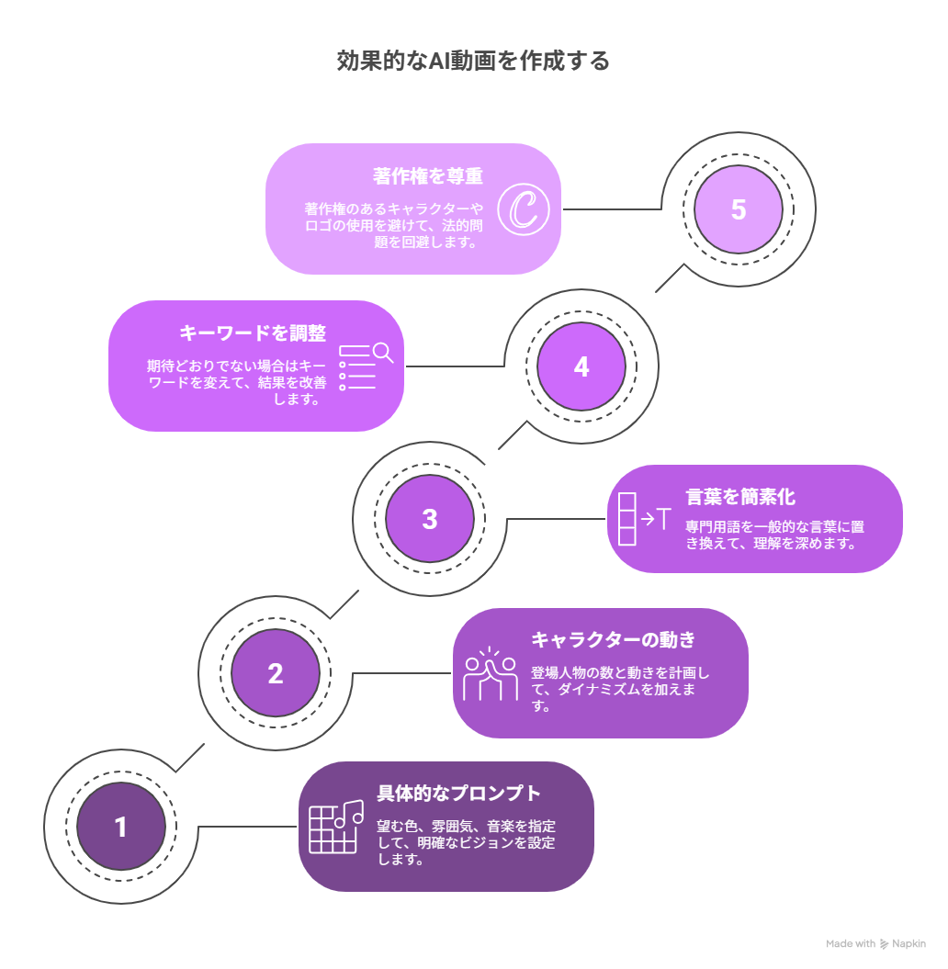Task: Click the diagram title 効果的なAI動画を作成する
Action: pos(473,61)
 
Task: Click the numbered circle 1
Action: pos(121,827)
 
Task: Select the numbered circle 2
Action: pos(276,673)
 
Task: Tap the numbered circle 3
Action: pos(430,519)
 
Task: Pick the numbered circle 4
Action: pos(581,366)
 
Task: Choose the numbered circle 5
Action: pos(739,209)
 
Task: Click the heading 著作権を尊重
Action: pos(428,176)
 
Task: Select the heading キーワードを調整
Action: pos(253,333)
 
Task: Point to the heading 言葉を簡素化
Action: pos(740,497)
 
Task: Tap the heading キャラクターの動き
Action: pos(614,639)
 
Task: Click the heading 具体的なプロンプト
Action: pos(459,793)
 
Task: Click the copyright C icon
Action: pos(524,209)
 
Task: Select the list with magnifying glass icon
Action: pos(366,366)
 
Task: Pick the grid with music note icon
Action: pos(336,827)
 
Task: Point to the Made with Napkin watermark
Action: pos(875,943)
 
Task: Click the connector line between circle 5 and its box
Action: pos(612,208)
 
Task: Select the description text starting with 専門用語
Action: pos(774,535)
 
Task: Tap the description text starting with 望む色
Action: pos(466,842)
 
